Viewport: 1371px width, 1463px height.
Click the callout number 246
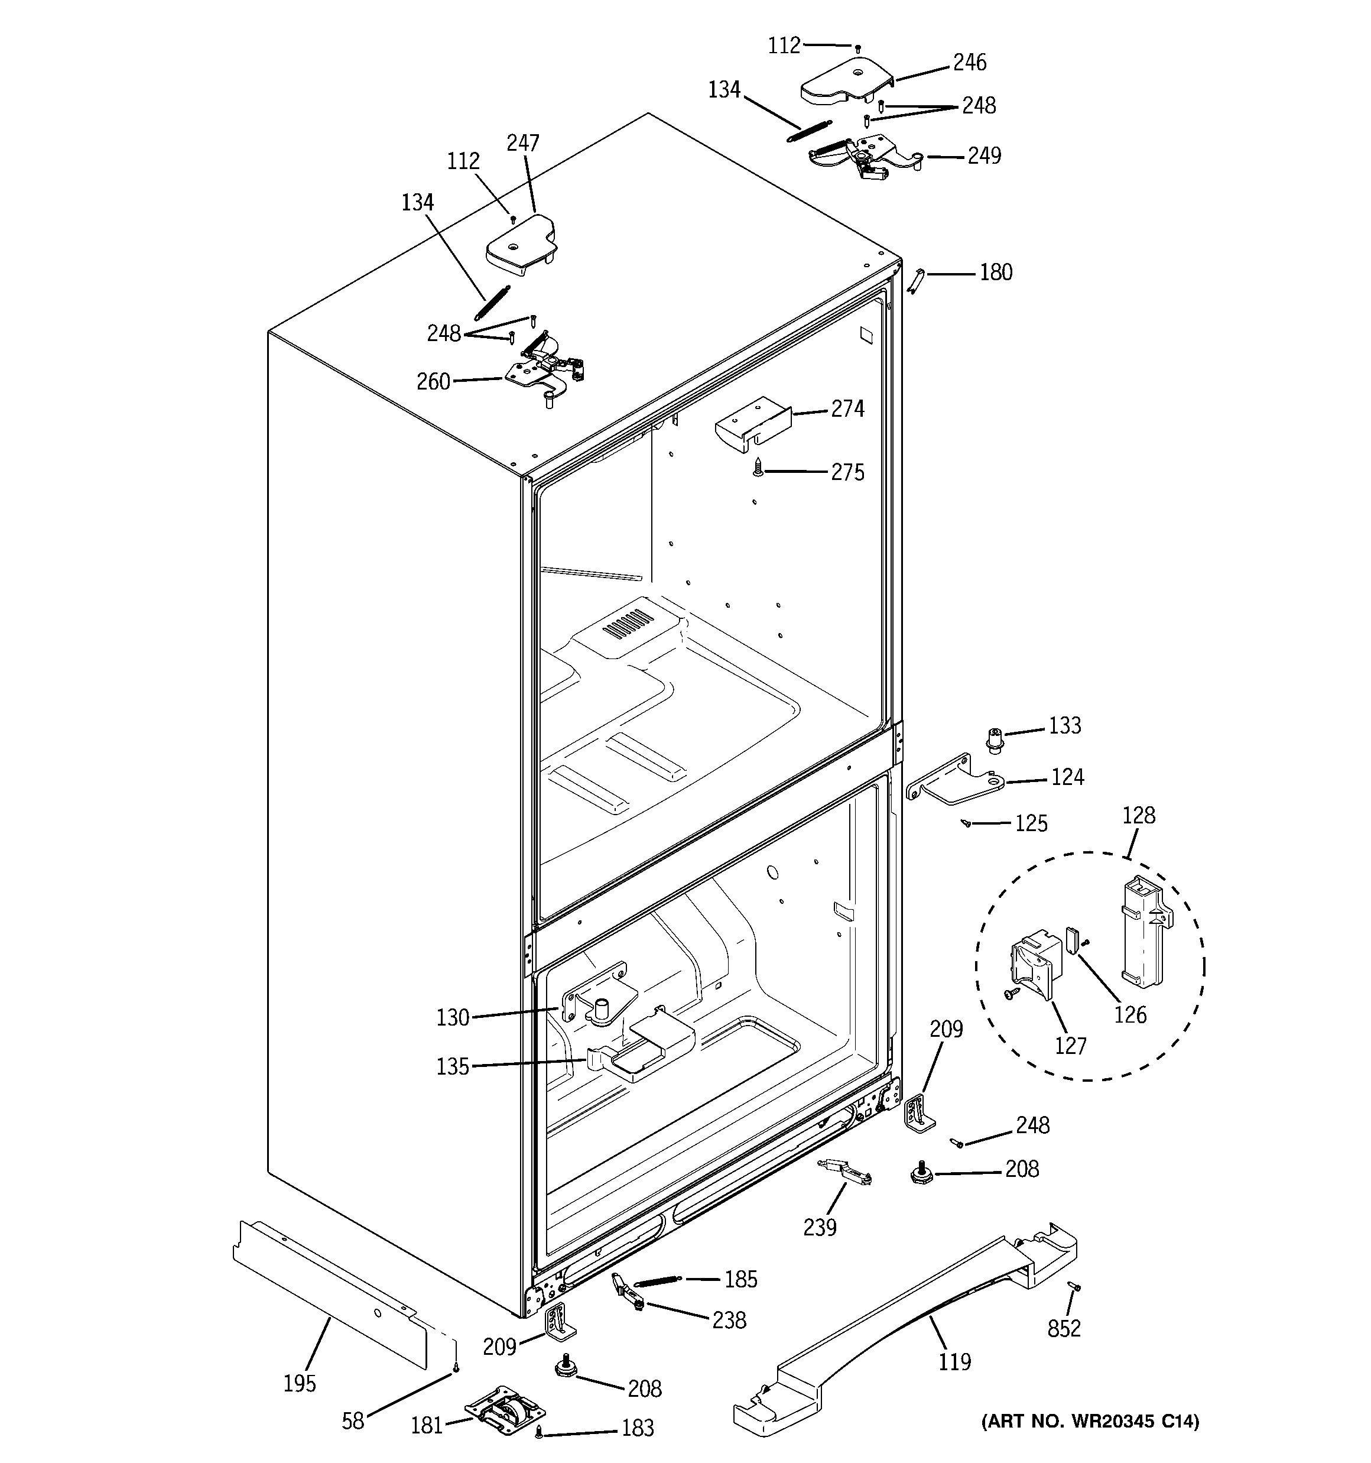pyautogui.click(x=969, y=63)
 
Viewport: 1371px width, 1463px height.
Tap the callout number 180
pyautogui.click(x=996, y=273)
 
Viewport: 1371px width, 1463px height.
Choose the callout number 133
pyautogui.click(x=1064, y=726)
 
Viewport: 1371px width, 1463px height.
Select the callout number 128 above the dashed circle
pyautogui.click(x=1138, y=815)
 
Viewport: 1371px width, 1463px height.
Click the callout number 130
pyautogui.click(x=453, y=1018)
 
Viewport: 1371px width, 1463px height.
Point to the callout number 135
pyautogui.click(x=453, y=1067)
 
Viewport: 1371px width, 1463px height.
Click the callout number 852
pyautogui.click(x=1064, y=1328)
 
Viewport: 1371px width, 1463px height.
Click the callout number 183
pyautogui.click(x=637, y=1428)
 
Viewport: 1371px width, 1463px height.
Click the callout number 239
pyautogui.click(x=820, y=1227)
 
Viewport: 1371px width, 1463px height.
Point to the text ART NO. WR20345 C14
pyautogui.click(x=1090, y=1421)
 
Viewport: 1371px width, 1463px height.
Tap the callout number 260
pyautogui.click(x=433, y=382)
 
